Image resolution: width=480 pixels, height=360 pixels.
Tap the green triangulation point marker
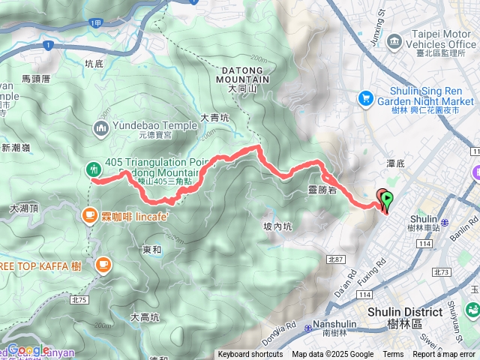point(94,169)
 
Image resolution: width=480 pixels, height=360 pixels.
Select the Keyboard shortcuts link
point(250,355)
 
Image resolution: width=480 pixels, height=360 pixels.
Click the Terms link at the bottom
point(393,355)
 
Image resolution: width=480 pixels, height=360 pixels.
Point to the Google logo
point(28,349)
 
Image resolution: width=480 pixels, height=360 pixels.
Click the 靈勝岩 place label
point(323,190)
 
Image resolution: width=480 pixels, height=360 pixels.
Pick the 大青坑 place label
point(215,118)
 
